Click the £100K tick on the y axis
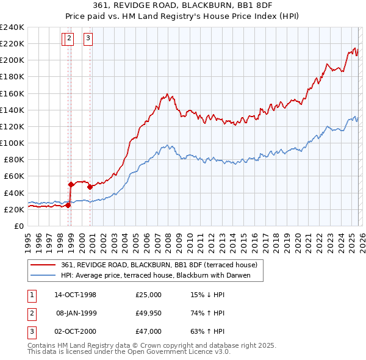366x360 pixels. [x=12, y=143]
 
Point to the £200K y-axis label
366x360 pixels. [x=12, y=60]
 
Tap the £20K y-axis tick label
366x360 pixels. [x=13, y=209]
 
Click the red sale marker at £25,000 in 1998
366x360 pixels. [x=68, y=205]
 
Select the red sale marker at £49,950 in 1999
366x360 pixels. [x=71, y=184]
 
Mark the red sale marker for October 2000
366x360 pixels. [x=90, y=187]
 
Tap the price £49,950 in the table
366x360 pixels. [x=148, y=313]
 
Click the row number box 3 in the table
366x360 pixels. [x=31, y=331]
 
